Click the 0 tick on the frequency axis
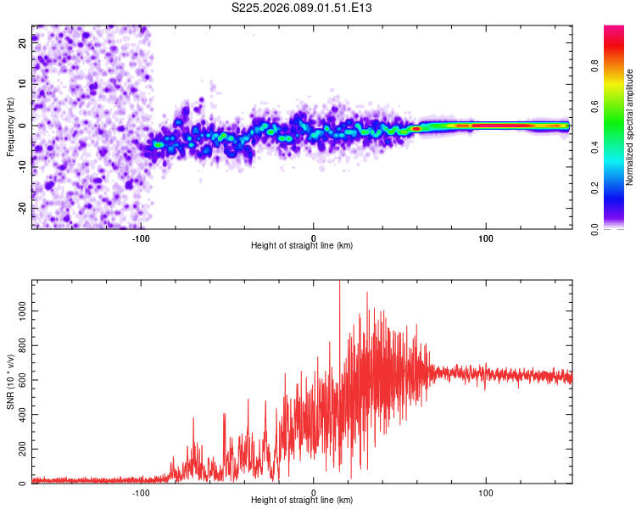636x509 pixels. pos(25,126)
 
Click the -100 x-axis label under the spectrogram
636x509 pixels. pos(141,238)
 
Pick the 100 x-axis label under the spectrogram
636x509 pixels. pos(486,238)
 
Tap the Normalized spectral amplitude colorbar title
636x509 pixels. pos(630,128)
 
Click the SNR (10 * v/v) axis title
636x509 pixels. pos(10,382)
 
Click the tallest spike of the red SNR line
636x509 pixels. pos(339,282)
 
